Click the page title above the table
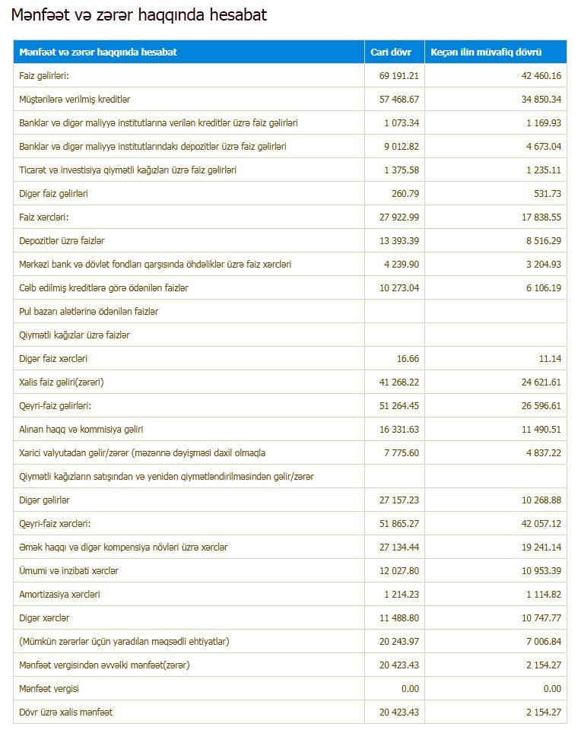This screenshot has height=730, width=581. (x=138, y=15)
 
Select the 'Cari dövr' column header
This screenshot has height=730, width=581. (x=391, y=52)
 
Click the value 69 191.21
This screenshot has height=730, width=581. (x=398, y=75)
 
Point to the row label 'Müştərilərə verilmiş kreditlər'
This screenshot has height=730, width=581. (x=80, y=99)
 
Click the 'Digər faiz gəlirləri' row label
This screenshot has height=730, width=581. (x=54, y=193)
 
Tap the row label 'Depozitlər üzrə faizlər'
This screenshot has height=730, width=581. (x=67, y=240)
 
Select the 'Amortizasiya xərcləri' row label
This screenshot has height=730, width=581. (x=59, y=594)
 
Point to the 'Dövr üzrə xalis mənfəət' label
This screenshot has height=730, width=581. (x=66, y=712)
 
